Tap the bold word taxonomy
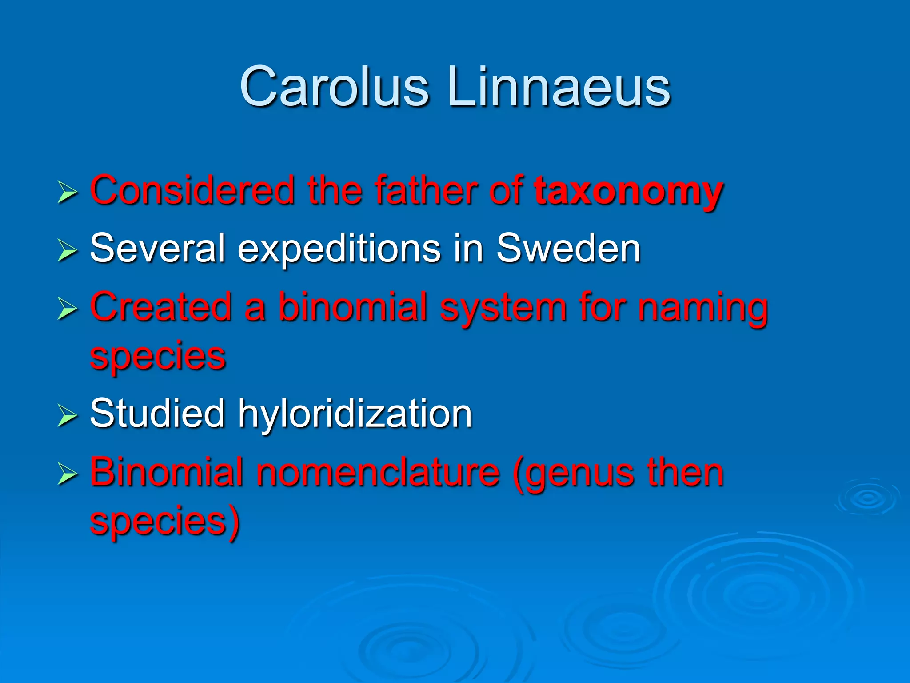pyautogui.click(x=629, y=191)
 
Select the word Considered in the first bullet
pyautogui.click(x=192, y=190)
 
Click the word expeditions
pyautogui.click(x=339, y=249)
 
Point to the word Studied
pyautogui.click(x=157, y=414)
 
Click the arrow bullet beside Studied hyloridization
pyautogui.click(x=67, y=417)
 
